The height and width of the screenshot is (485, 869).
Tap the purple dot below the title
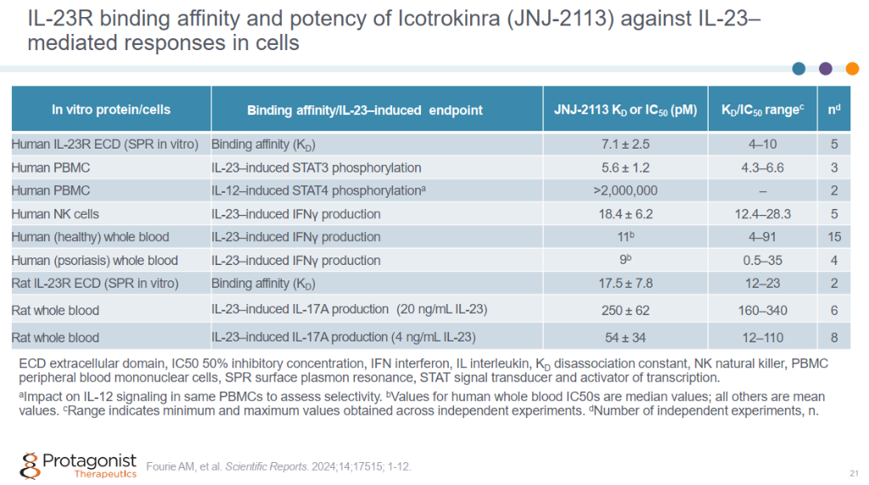pos(826,69)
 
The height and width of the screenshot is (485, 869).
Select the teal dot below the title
pos(799,69)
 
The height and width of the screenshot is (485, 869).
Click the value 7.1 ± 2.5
pos(625,144)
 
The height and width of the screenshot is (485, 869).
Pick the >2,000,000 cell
pos(625,191)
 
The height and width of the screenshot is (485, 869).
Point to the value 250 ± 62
pos(625,310)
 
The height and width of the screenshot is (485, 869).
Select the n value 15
pos(834,237)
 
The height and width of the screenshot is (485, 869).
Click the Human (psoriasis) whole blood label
pos(95,261)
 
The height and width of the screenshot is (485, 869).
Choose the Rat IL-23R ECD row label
pos(104,284)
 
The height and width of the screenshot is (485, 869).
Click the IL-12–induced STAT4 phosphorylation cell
pos(318,191)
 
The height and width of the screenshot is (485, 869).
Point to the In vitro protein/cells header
pos(110,110)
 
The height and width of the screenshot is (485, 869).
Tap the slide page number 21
pos(853,473)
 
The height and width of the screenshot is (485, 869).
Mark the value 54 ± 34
pos(625,337)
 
